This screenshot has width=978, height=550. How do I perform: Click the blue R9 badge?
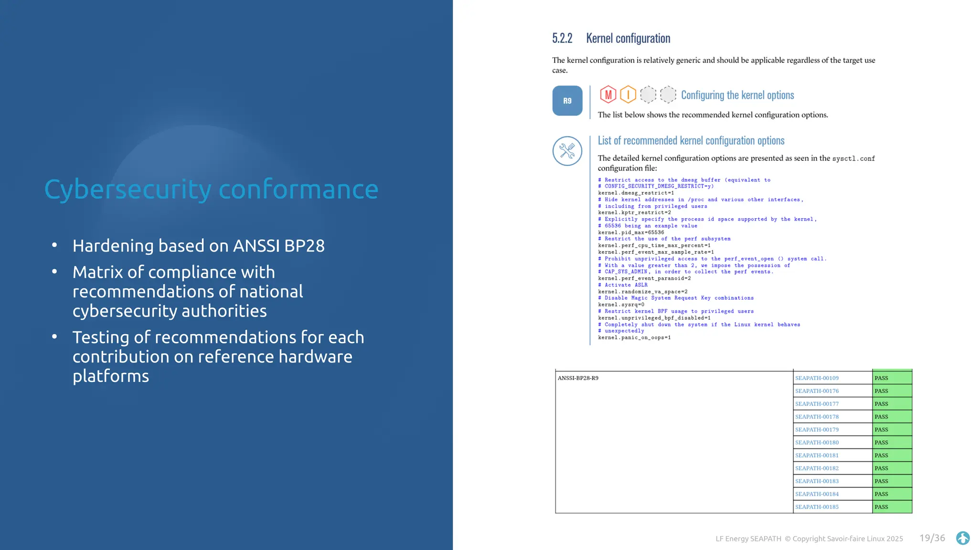567,101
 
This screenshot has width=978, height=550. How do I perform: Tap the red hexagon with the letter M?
608,95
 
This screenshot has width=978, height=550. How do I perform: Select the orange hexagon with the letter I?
628,95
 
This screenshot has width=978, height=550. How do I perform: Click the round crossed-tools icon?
567,151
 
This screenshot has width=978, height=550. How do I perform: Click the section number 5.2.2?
562,38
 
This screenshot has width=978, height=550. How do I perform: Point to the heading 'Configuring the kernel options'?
737,95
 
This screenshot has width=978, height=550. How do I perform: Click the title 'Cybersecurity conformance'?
211,189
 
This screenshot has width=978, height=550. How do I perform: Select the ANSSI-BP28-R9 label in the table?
578,378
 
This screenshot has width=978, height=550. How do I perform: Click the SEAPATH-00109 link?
817,378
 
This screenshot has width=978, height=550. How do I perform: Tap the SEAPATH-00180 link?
817,443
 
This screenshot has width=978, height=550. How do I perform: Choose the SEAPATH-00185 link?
817,507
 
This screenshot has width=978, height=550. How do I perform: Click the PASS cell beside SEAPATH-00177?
892,404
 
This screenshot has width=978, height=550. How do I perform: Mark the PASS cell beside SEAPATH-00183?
892,481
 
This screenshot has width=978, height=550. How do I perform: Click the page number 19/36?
932,538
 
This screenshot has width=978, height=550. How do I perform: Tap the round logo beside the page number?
963,538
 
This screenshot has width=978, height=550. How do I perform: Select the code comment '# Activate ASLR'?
623,285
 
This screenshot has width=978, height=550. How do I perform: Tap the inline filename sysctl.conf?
853,159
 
